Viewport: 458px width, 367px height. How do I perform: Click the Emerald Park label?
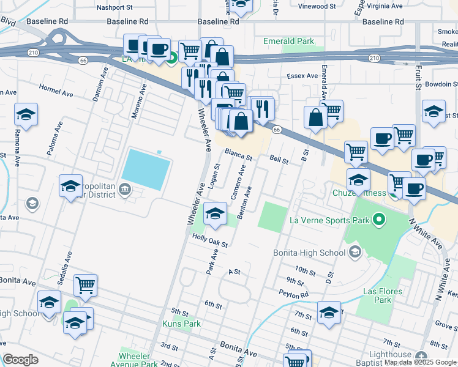coord(288,42)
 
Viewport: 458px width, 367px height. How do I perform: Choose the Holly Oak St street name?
coord(210,240)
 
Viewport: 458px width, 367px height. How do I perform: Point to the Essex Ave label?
coord(302,76)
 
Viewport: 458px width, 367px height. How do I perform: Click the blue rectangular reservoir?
coord(146,169)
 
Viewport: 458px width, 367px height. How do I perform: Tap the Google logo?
coord(21,360)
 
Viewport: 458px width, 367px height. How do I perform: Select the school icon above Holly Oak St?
coord(216,213)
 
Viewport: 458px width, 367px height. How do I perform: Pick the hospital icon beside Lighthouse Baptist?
coord(421,357)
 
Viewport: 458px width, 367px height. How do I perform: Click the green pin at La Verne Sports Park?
coord(378,219)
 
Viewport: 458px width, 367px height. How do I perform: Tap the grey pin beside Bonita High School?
coord(354,252)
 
